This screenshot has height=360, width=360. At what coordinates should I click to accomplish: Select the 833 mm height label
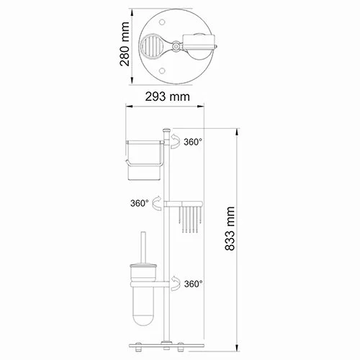230,234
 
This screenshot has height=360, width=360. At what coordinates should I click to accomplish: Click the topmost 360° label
194,143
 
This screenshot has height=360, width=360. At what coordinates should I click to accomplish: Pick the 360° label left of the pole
140,204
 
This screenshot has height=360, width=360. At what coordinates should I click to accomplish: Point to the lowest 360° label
193,284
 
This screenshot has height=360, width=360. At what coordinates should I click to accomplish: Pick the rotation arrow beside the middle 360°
158,205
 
